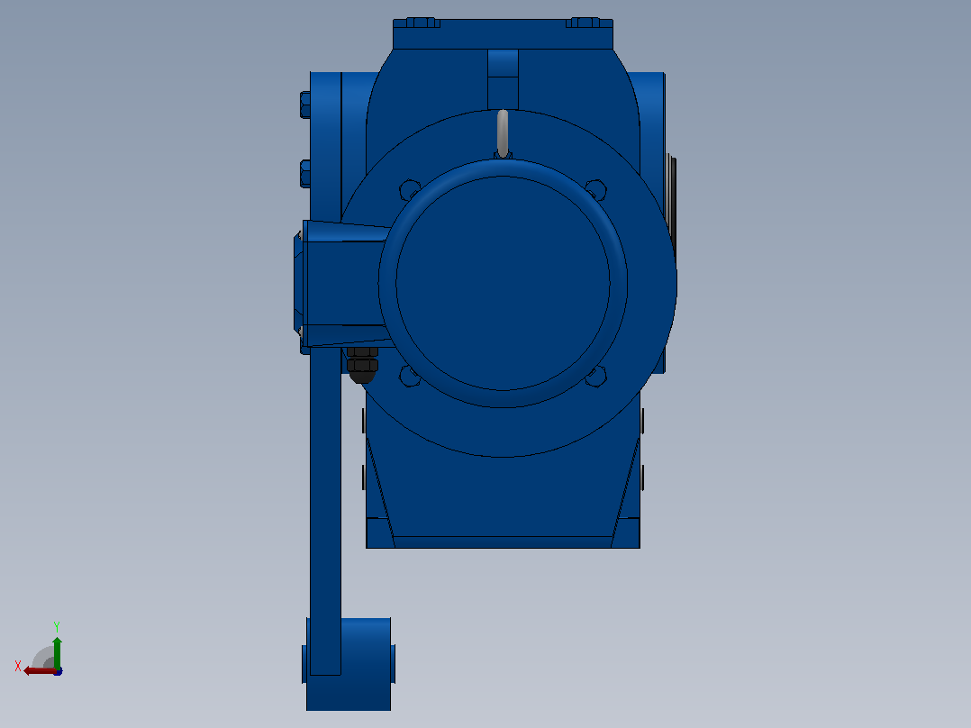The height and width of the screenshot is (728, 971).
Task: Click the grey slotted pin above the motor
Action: click(x=503, y=133)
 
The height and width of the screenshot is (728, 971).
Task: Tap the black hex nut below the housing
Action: click(x=362, y=364)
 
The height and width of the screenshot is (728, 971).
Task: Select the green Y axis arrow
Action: click(x=57, y=652)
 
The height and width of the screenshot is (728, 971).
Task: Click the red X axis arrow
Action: click(x=40, y=671)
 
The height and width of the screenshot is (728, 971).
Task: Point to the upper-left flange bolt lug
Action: click(x=409, y=189)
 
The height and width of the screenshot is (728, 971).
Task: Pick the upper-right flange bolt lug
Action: click(x=596, y=189)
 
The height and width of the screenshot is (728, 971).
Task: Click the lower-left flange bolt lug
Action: click(x=409, y=376)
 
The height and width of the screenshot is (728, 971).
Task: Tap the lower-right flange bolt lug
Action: click(x=596, y=376)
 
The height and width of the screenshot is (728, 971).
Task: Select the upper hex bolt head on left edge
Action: click(x=305, y=105)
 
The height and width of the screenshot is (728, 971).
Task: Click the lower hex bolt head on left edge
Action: click(x=305, y=173)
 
